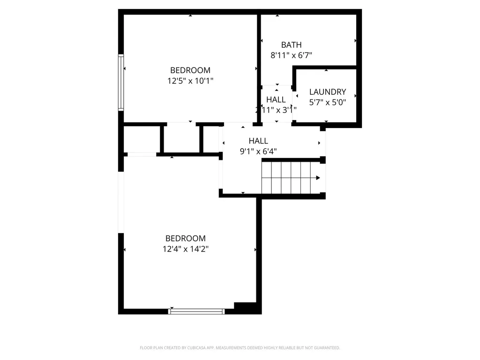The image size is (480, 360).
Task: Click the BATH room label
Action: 291,45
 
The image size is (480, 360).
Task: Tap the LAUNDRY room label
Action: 328,92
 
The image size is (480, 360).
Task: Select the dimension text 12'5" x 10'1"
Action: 190,81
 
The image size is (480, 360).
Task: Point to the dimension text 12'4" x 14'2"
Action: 185,249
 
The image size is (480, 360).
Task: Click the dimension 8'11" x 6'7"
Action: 291,55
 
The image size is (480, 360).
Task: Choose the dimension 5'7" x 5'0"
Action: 328,102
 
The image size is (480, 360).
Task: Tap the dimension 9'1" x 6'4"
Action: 258,151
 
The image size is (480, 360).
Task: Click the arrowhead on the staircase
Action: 318,178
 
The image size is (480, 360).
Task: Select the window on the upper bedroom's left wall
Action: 121,82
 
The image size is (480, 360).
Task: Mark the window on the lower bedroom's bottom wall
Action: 197,311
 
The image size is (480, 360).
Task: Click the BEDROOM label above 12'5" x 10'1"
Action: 190,70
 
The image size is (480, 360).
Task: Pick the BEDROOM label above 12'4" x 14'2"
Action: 185,238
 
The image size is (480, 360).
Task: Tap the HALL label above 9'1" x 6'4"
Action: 258,141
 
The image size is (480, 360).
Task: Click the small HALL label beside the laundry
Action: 276,100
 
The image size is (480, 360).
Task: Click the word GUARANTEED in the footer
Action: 324,348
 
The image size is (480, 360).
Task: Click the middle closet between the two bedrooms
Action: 182,138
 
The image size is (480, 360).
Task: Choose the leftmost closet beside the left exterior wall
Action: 142,139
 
